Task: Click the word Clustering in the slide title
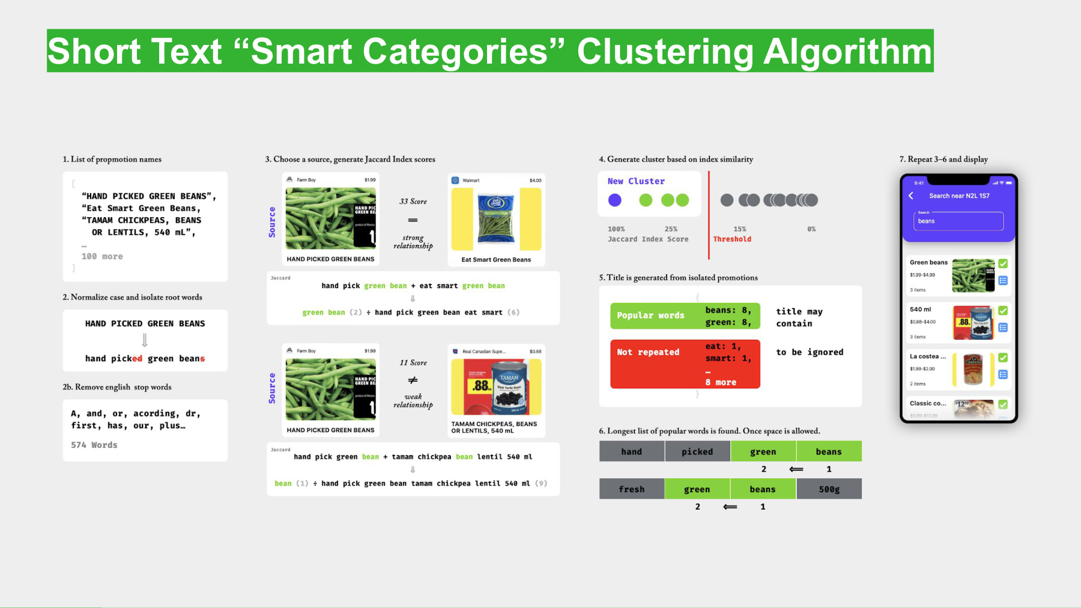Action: point(665,52)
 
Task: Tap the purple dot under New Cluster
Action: point(614,200)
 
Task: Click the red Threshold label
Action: point(731,239)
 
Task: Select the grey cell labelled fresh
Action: point(631,489)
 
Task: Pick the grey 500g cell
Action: point(829,489)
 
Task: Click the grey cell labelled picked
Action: point(697,451)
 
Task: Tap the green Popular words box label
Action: point(650,316)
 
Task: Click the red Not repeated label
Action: point(648,352)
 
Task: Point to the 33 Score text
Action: point(413,202)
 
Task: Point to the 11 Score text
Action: point(413,363)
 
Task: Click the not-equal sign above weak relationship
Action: point(413,380)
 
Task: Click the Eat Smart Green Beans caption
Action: point(496,260)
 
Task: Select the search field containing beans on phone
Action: point(958,221)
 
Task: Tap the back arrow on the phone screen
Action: point(911,196)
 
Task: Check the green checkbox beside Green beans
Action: point(1003,263)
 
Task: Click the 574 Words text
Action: point(94,445)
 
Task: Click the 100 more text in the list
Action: point(102,256)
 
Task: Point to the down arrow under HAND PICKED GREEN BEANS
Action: point(145,340)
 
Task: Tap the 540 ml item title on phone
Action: point(920,310)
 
